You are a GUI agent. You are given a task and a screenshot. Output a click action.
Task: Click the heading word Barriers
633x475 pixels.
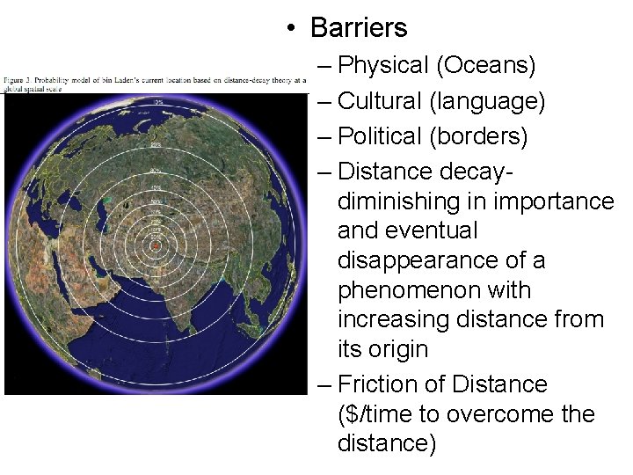click(x=359, y=27)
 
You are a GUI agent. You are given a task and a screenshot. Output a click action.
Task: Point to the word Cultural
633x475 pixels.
click(x=380, y=101)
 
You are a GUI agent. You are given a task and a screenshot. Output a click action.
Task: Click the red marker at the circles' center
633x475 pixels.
click(x=156, y=246)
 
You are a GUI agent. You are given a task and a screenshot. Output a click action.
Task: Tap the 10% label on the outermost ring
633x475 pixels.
click(x=157, y=102)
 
